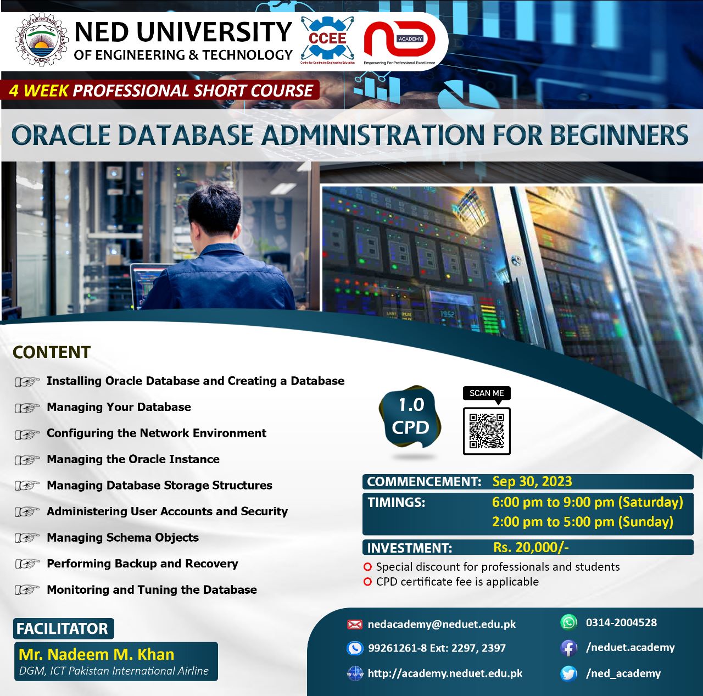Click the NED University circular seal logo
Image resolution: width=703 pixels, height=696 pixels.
click(41, 40)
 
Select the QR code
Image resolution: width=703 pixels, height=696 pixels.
click(487, 431)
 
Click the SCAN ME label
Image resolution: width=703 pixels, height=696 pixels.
click(487, 393)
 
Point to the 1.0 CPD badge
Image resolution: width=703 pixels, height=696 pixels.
click(410, 416)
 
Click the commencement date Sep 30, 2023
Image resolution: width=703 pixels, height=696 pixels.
click(532, 482)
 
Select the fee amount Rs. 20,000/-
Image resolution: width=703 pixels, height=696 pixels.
click(531, 547)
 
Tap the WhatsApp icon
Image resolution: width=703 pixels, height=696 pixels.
click(568, 622)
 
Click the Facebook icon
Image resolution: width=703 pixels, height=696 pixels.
click(568, 648)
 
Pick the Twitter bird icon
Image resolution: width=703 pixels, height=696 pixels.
click(568, 673)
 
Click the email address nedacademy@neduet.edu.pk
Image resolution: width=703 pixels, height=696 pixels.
click(442, 624)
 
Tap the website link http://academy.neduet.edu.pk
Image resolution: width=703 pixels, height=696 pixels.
click(445, 673)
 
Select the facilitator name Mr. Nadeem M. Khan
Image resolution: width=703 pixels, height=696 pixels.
click(97, 655)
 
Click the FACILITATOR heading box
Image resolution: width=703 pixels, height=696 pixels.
click(63, 628)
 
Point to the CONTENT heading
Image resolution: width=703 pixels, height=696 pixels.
click(52, 352)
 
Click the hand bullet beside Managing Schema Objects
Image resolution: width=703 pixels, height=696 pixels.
click(27, 538)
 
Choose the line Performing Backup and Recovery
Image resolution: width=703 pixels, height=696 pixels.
click(142, 564)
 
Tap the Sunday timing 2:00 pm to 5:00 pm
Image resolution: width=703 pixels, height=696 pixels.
click(582, 522)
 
